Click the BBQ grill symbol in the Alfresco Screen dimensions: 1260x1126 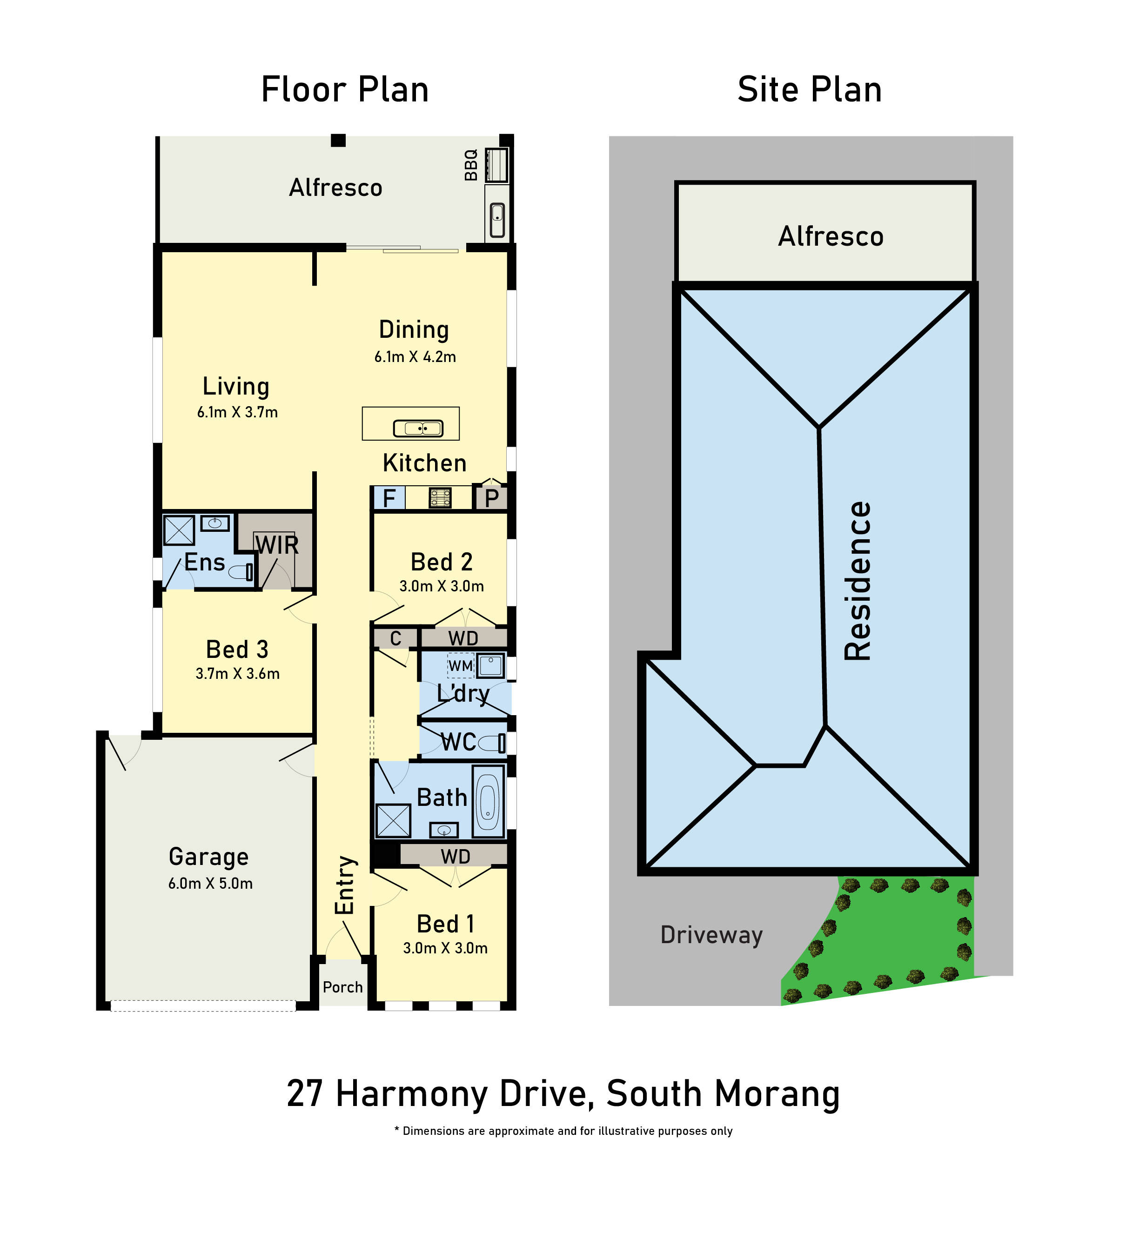[496, 165]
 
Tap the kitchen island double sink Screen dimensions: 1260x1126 [418, 428]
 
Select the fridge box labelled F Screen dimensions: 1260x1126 [389, 498]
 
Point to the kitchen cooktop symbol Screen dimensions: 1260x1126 [440, 498]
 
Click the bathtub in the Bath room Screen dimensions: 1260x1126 [488, 801]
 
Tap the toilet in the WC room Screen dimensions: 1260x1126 [492, 742]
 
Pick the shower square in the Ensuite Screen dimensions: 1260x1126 [179, 530]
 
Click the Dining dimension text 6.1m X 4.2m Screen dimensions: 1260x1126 [415, 357]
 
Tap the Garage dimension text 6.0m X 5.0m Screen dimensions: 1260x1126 [210, 883]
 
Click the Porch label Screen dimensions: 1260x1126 [343, 987]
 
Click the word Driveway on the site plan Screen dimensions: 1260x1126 [711, 935]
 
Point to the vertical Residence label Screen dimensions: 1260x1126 [858, 582]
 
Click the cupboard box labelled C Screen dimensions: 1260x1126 [395, 638]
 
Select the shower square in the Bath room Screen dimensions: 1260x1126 [394, 821]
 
